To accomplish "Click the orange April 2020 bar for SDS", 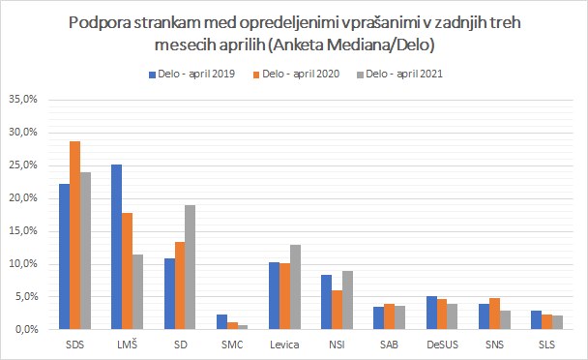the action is coord(75,235).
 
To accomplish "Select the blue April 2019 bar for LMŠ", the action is coord(117,247).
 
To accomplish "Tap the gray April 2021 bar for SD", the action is coord(191,267).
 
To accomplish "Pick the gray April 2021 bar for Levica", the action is coord(296,287).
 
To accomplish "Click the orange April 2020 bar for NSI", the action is coord(338,310).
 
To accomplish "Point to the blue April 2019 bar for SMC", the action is coord(222,322).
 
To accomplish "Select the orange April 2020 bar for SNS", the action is coord(494,314).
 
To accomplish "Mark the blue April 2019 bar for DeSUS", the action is coord(432,313).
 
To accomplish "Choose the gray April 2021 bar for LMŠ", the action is coord(137,292).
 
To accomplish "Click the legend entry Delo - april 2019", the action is coord(192,74).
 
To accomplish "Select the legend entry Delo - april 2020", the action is coord(296,74).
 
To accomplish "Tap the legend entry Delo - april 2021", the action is coord(399,74).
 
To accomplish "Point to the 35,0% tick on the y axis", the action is coord(23,100).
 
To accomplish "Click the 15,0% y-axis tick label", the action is coord(23,231).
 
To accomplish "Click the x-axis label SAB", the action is coord(389,345).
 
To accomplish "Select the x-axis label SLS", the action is coord(546,345).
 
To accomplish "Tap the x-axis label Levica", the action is coord(284,345).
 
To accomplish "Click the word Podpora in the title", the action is coord(100,23).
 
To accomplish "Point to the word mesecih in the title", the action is coord(184,45).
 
